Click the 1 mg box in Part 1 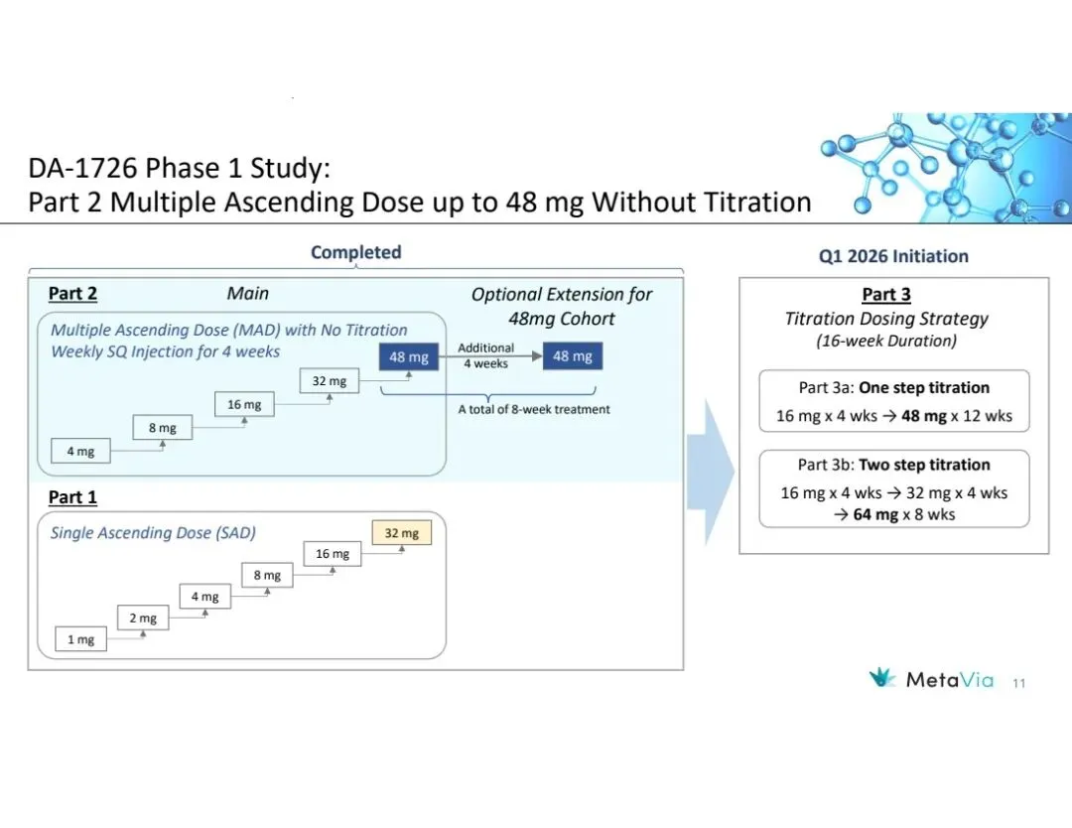(80, 640)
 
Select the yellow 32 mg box (401, 533)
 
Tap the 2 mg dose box (143, 619)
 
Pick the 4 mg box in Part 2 (80, 452)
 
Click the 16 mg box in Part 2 (244, 405)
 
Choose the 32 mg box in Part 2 (330, 381)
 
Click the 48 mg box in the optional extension (573, 356)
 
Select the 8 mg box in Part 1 (266, 576)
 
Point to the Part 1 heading (72, 497)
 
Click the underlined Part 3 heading (885, 295)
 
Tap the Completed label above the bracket (355, 252)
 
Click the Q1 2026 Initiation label (893, 256)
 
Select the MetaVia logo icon (882, 679)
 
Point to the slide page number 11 (1018, 683)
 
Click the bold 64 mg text (874, 514)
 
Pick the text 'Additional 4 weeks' (486, 355)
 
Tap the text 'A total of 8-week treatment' (533, 409)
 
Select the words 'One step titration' (924, 388)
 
